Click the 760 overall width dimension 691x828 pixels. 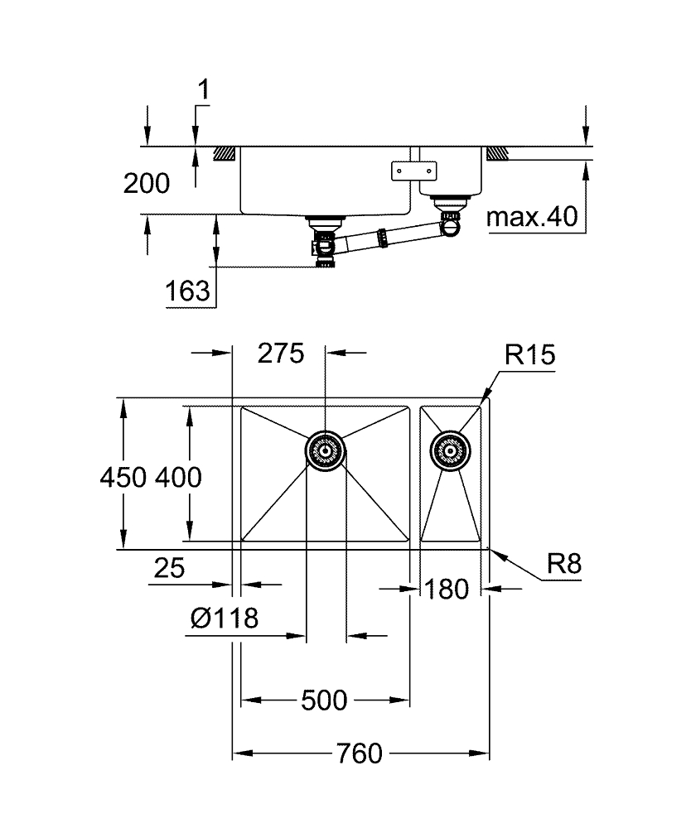(x=360, y=754)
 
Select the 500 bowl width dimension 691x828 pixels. (x=324, y=700)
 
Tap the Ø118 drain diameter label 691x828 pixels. (x=225, y=618)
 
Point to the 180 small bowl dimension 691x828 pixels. (x=447, y=589)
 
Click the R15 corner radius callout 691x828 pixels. (x=529, y=355)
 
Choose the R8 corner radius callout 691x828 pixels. (x=564, y=565)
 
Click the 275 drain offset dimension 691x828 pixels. (x=281, y=354)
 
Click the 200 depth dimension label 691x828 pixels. (x=147, y=183)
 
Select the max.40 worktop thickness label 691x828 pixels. (x=531, y=218)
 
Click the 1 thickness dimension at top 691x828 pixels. (x=204, y=89)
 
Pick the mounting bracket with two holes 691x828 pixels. (x=413, y=170)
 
